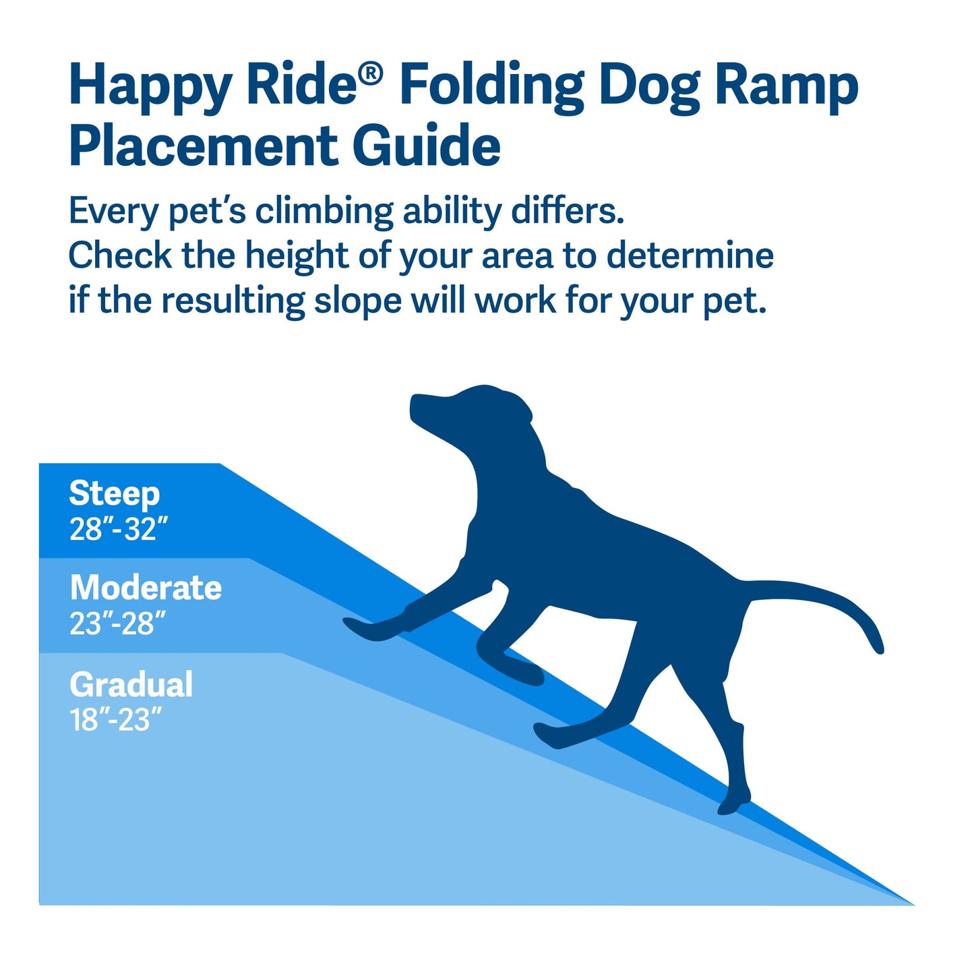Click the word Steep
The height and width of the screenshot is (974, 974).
(114, 493)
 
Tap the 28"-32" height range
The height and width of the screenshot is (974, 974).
(118, 529)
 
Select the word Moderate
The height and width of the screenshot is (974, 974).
(146, 588)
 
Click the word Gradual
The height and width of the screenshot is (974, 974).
(131, 685)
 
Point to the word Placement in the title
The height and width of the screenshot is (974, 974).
(203, 146)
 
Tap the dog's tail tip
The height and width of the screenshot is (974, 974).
(878, 647)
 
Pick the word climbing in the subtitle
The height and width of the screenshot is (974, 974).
(324, 212)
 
